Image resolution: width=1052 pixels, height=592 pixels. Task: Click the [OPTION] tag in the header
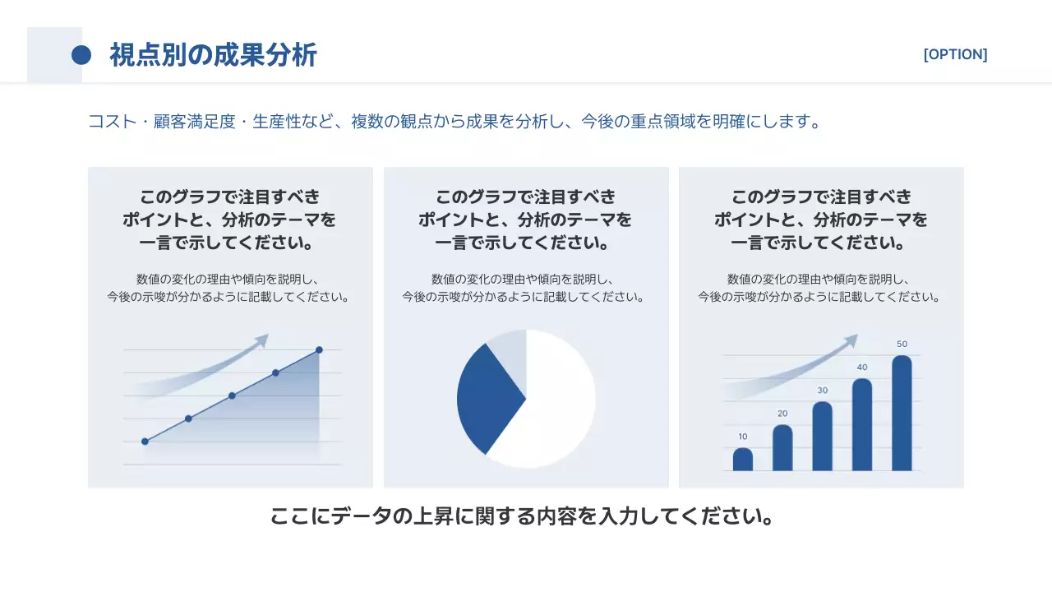pyautogui.click(x=955, y=54)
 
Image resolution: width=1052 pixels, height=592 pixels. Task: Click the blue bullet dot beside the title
pyautogui.click(x=81, y=55)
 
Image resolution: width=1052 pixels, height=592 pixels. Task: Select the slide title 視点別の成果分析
pyautogui.click(x=213, y=55)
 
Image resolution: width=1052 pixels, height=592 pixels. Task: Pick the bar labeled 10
pyautogui.click(x=743, y=460)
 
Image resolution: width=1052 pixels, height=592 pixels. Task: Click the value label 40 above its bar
pyautogui.click(x=862, y=368)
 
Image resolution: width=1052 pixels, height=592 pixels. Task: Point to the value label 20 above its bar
pyautogui.click(x=782, y=414)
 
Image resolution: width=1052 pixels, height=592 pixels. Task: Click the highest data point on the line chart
pyautogui.click(x=319, y=350)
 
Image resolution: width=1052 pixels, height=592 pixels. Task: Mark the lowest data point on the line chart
pyautogui.click(x=145, y=442)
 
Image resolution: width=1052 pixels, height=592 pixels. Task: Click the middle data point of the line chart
pyautogui.click(x=232, y=395)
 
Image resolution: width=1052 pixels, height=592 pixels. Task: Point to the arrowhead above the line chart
pyautogui.click(x=262, y=340)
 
